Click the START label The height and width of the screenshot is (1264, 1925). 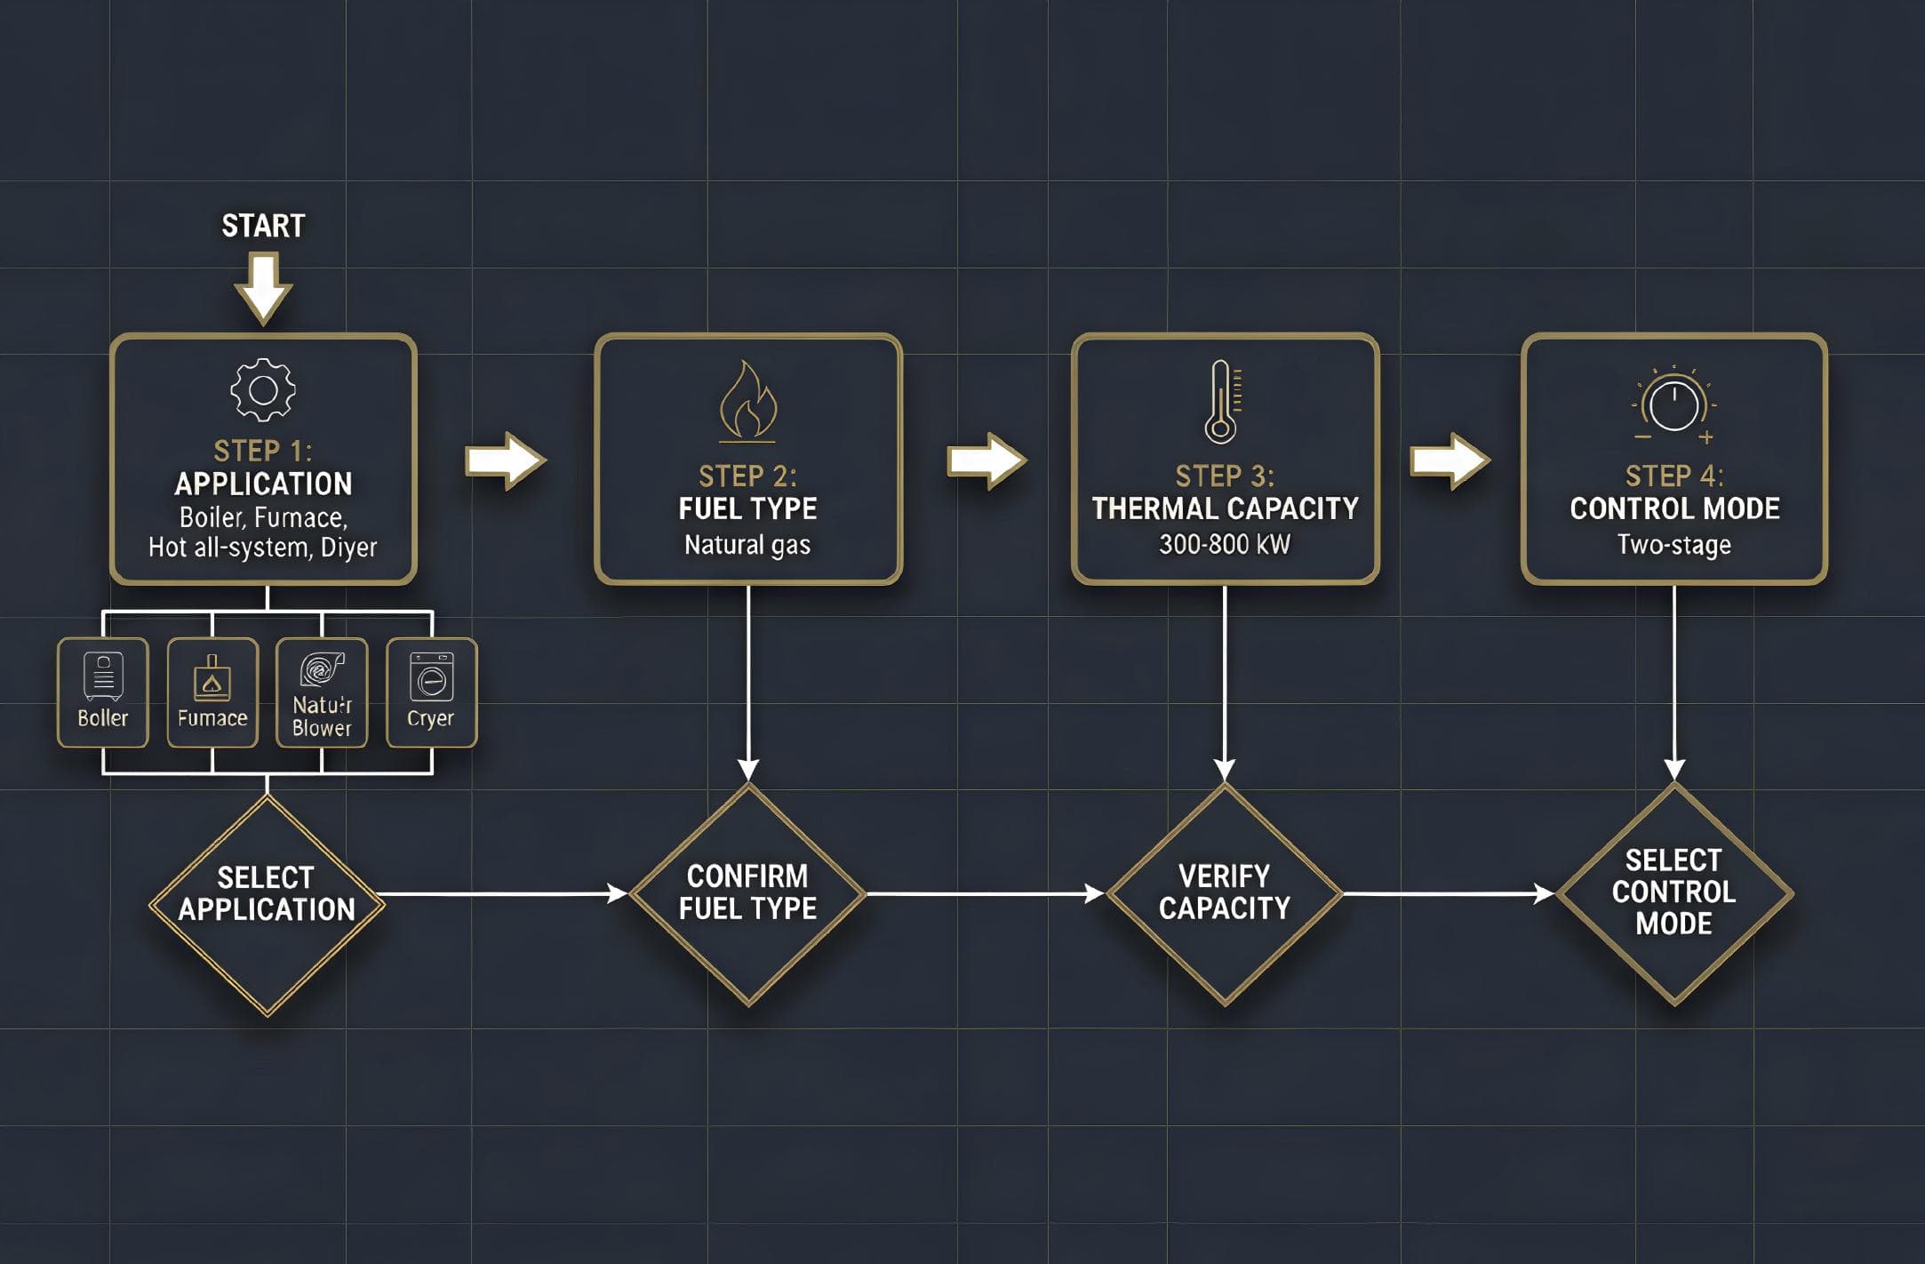point(263,226)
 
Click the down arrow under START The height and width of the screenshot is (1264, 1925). point(263,287)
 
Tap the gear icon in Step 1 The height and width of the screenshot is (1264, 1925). point(263,389)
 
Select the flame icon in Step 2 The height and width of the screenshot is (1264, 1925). point(747,402)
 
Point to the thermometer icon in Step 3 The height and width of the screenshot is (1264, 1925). point(1222,402)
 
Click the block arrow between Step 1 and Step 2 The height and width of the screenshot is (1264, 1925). point(505,460)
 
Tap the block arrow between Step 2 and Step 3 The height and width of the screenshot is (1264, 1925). point(986,460)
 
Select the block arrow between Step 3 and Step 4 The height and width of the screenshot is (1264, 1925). point(1450,460)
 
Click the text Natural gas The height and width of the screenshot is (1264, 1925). point(747,544)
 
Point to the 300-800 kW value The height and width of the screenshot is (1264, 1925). point(1224,544)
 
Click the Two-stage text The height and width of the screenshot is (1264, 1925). point(1673,544)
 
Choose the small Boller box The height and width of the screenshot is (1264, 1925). point(103,692)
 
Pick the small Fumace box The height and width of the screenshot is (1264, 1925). point(212,692)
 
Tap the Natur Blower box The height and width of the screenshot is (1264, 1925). point(322,692)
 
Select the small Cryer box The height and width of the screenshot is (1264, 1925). point(431,692)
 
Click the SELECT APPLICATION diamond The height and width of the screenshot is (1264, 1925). point(267,904)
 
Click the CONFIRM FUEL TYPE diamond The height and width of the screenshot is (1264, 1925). point(747,893)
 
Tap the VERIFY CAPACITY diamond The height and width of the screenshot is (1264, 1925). point(1224,893)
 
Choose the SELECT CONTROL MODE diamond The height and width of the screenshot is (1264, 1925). point(1673,893)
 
